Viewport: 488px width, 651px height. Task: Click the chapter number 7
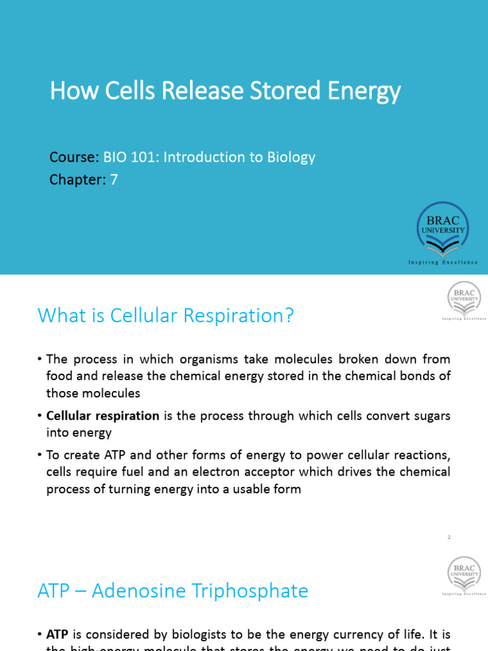(x=114, y=180)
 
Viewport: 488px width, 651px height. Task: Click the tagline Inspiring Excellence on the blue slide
(x=443, y=262)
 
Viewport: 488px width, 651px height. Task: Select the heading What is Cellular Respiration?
(x=166, y=315)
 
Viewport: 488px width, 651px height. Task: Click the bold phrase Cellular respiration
(x=103, y=416)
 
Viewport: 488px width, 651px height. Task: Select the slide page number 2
(x=448, y=537)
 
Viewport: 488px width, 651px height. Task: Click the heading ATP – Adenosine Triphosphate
(x=173, y=591)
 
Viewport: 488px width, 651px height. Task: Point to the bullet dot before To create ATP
(x=41, y=455)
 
